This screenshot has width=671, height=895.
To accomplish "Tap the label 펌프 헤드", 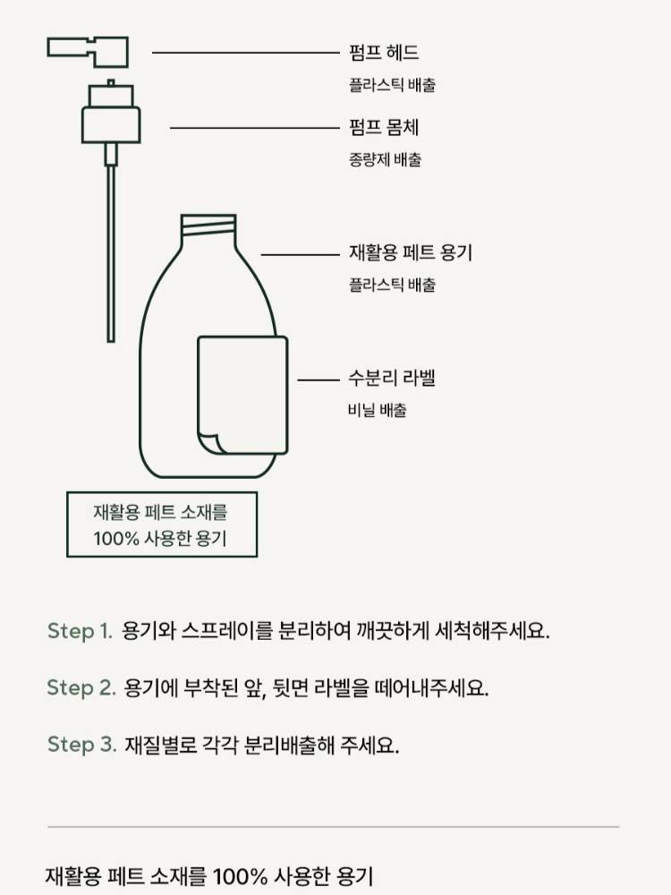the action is (x=384, y=53).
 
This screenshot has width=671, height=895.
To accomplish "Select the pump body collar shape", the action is (x=111, y=124).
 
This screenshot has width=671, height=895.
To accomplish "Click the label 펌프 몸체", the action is (x=384, y=127).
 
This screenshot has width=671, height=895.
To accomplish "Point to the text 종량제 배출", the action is (x=385, y=159).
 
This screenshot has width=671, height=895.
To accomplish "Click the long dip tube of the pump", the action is (x=111, y=254).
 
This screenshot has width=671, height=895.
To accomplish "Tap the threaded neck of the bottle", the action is (x=208, y=226).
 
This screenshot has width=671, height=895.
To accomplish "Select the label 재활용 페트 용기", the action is (x=411, y=252).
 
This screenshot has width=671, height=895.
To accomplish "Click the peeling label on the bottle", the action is (x=242, y=395).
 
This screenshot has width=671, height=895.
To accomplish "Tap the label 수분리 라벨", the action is (x=392, y=378).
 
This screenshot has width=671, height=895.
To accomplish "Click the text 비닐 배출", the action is (x=378, y=410).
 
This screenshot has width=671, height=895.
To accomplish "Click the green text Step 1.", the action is (x=80, y=631).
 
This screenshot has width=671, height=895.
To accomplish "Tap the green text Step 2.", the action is (x=81, y=687).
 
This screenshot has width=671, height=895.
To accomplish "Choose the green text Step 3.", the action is (x=81, y=744).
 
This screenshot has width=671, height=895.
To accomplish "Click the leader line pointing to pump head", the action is (x=246, y=53).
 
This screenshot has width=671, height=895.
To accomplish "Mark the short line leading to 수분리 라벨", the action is (x=319, y=379).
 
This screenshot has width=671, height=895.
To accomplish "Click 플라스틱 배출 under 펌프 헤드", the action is (x=393, y=85).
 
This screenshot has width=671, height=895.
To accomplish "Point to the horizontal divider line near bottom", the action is (x=333, y=826).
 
